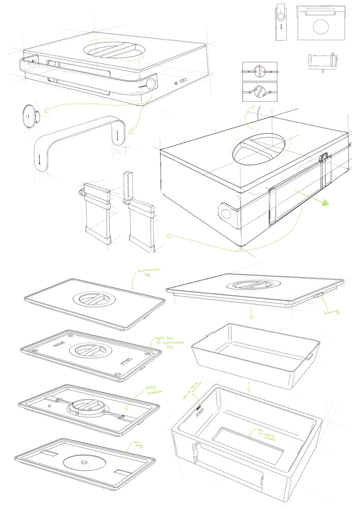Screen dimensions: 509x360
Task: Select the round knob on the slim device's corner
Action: click(x=151, y=83)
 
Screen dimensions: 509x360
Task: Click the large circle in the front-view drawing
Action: click(x=320, y=27)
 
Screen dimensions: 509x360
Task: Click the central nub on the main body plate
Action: click(x=85, y=461)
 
